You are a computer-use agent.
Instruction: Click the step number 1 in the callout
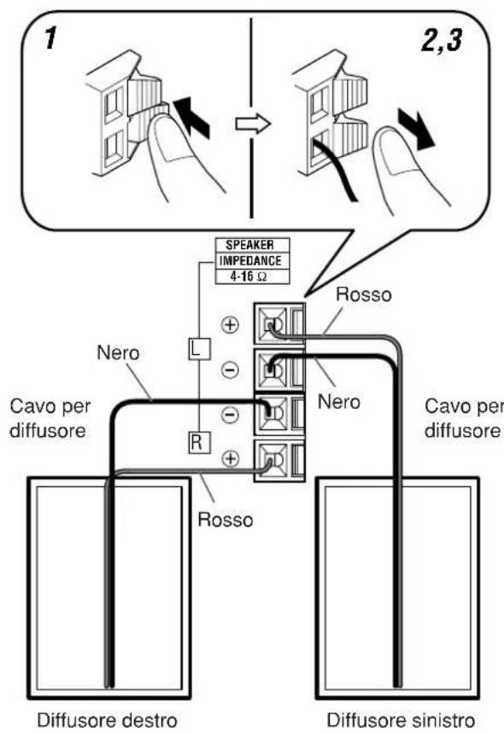pyautogui.click(x=50, y=38)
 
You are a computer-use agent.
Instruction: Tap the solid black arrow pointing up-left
pyautogui.click(x=192, y=118)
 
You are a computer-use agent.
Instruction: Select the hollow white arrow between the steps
pyautogui.click(x=253, y=125)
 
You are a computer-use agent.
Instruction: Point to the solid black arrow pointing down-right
pyautogui.click(x=415, y=129)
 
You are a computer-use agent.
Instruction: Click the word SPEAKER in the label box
pyautogui.click(x=250, y=245)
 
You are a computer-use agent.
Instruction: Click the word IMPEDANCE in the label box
pyautogui.click(x=250, y=260)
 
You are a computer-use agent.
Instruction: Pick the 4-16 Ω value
pyautogui.click(x=249, y=276)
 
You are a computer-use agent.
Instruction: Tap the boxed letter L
pyautogui.click(x=200, y=349)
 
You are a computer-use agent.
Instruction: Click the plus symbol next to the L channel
pyautogui.click(x=230, y=324)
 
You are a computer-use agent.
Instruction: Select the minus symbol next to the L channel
pyautogui.click(x=230, y=370)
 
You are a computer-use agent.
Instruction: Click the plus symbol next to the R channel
pyautogui.click(x=230, y=458)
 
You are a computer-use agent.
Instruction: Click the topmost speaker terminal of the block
pyautogui.click(x=272, y=325)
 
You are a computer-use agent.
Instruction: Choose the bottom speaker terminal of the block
pyautogui.click(x=272, y=461)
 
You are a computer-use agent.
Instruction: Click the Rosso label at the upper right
pyautogui.click(x=364, y=294)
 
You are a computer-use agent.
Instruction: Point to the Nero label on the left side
pyautogui.click(x=118, y=353)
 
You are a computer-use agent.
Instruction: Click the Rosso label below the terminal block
pyautogui.click(x=226, y=520)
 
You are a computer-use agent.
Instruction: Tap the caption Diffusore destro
pyautogui.click(x=107, y=719)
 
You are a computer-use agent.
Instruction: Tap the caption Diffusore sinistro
pyautogui.click(x=401, y=719)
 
